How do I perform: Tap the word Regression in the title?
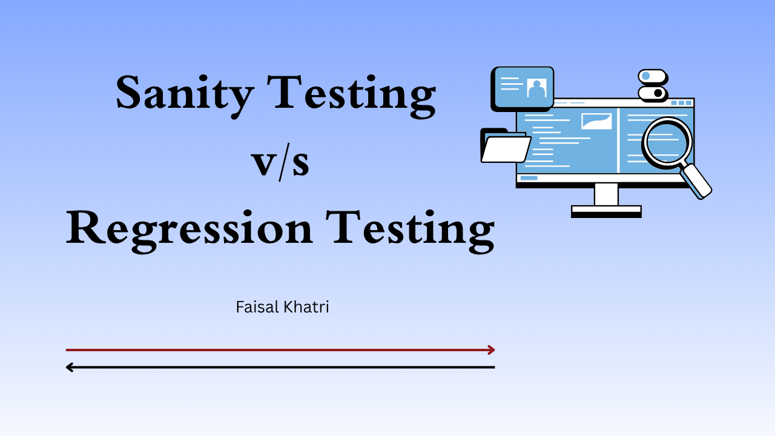[189, 228]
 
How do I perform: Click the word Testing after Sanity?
[361, 94]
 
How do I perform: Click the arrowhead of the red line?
[491, 350]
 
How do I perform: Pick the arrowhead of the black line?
[70, 367]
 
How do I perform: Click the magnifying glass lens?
[666, 141]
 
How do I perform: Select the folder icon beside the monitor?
[504, 147]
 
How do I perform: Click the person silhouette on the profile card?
[536, 89]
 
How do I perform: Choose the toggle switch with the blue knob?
[652, 76]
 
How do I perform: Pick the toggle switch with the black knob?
[652, 93]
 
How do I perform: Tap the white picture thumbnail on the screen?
[596, 121]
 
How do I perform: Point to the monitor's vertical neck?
[606, 194]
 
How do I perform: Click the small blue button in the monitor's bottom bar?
[529, 178]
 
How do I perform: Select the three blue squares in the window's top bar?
[681, 103]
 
